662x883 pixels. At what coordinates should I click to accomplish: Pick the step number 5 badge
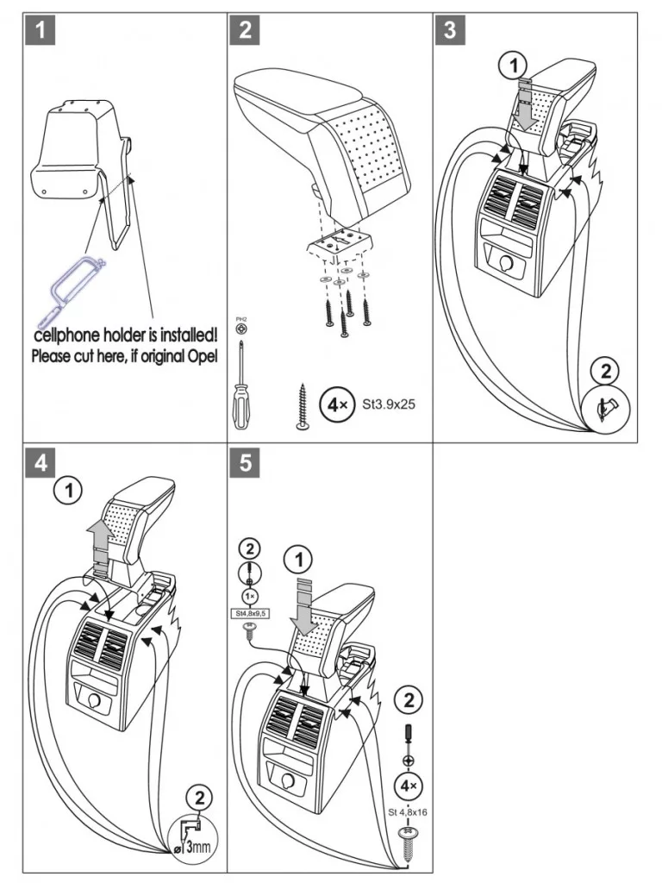246,463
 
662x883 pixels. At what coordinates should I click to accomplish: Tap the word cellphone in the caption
68,334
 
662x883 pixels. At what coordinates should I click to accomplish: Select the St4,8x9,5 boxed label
249,614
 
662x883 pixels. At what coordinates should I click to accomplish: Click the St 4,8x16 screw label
407,810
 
